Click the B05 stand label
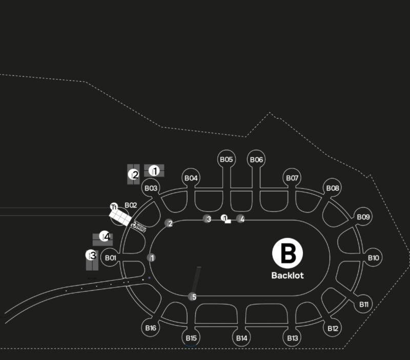pyautogui.click(x=227, y=159)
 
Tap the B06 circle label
pyautogui.click(x=256, y=160)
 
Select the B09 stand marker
pyautogui.click(x=363, y=217)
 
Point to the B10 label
pyautogui.click(x=374, y=258)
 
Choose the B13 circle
pyautogui.click(x=293, y=338)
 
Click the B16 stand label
pyautogui.click(x=151, y=328)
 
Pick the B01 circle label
pyautogui.click(x=111, y=258)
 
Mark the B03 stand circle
pyautogui.click(x=151, y=188)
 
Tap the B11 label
pyautogui.click(x=364, y=304)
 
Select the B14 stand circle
pyautogui.click(x=242, y=338)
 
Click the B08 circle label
pyautogui.click(x=333, y=188)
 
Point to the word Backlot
pyautogui.click(x=288, y=275)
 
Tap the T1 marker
pyautogui.click(x=114, y=207)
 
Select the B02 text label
pyautogui.click(x=131, y=205)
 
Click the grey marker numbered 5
pyautogui.click(x=192, y=296)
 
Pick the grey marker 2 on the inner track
pyautogui.click(x=169, y=223)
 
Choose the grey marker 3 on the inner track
pyautogui.click(x=207, y=219)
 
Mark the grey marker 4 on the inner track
pyautogui.click(x=240, y=219)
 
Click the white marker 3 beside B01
pyautogui.click(x=91, y=255)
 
